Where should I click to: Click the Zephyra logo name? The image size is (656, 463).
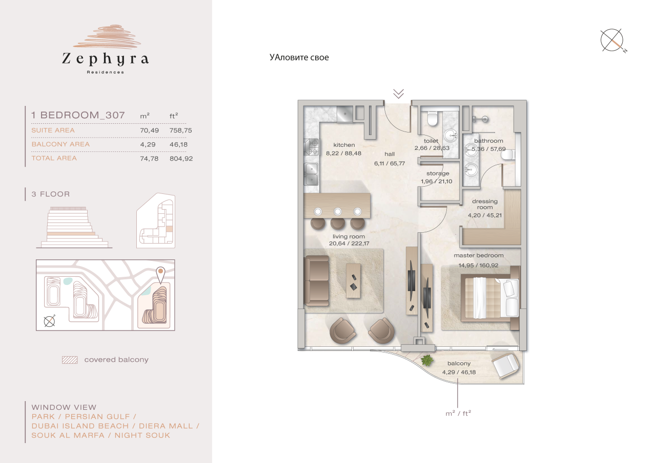(x=105, y=59)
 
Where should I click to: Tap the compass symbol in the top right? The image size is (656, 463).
(x=612, y=40)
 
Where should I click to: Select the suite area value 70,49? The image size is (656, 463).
(x=149, y=130)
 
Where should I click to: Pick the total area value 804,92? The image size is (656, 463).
(x=181, y=159)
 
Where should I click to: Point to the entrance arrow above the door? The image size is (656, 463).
(x=399, y=93)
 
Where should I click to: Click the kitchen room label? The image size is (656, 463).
(x=344, y=145)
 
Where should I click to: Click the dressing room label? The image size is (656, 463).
(x=485, y=204)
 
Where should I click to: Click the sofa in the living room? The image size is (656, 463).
(x=317, y=280)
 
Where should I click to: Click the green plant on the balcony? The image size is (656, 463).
(x=426, y=361)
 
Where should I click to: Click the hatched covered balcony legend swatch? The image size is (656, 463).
(x=69, y=360)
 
